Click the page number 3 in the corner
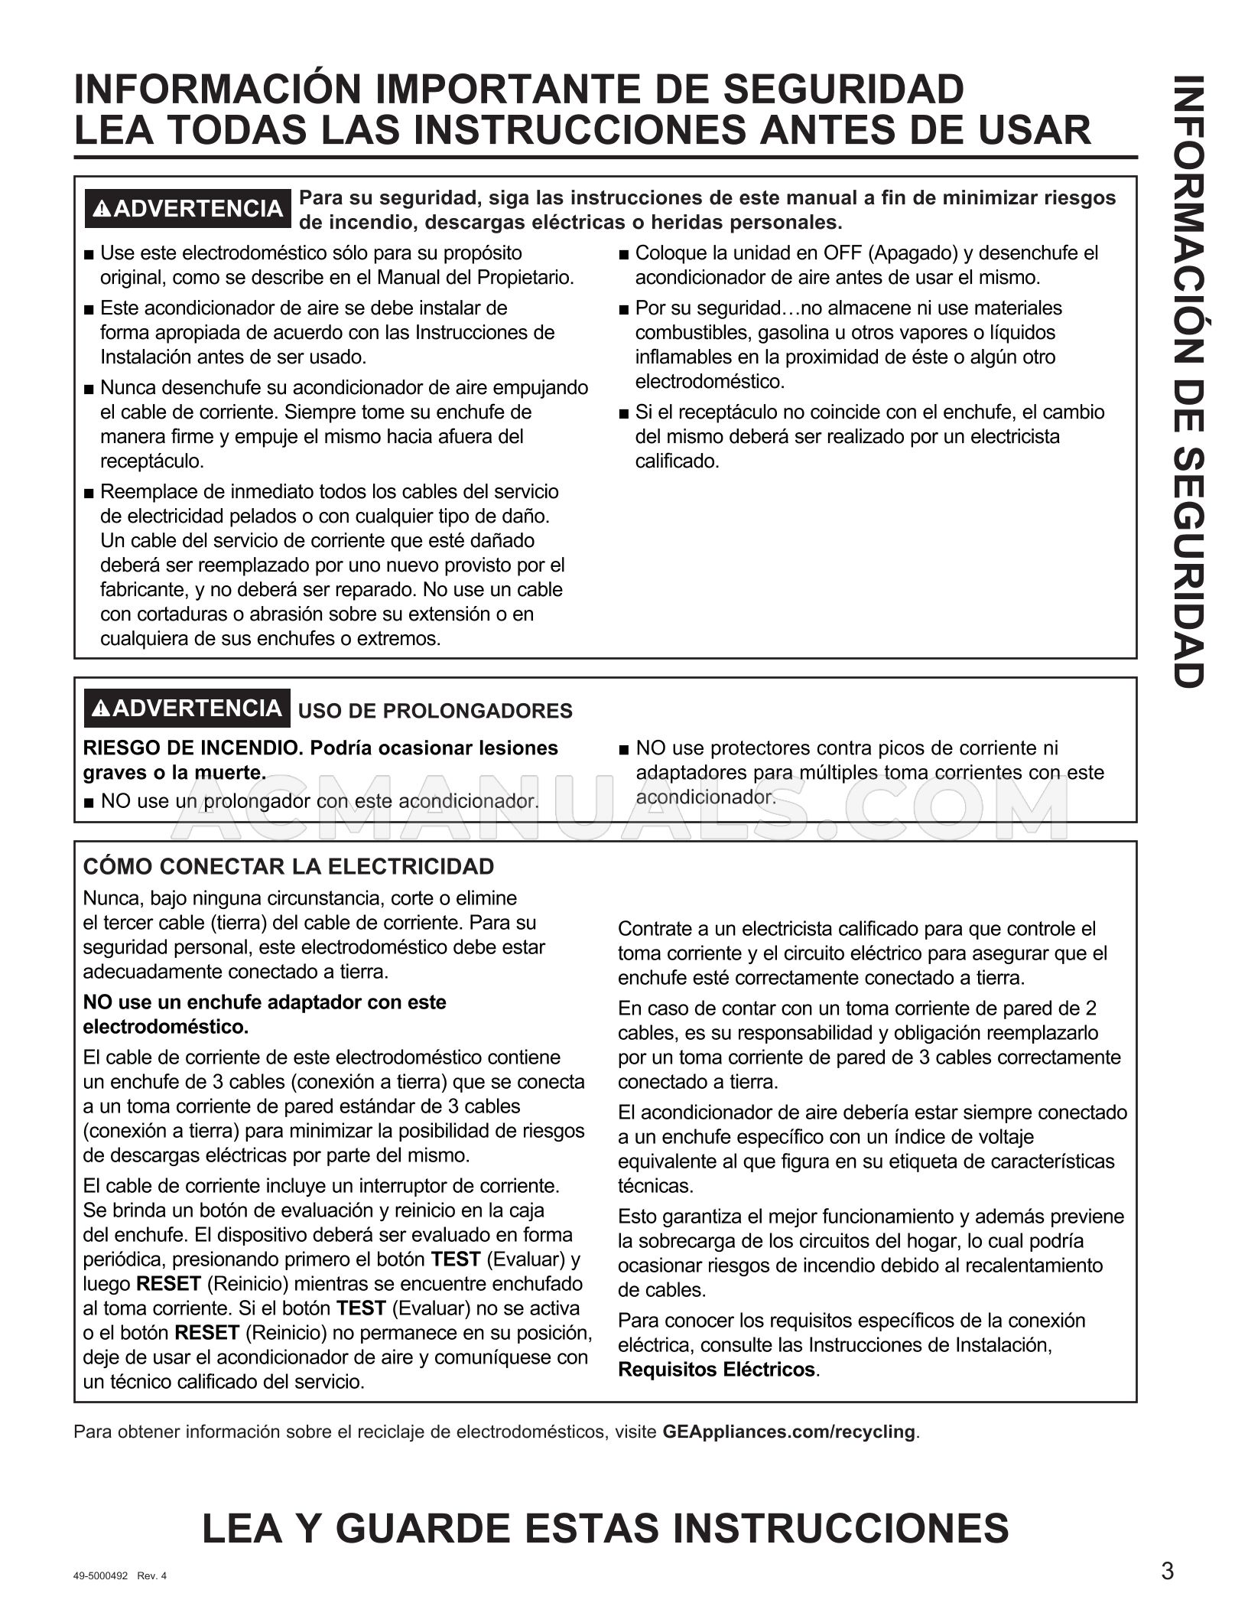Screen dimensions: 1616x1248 coord(1167,1571)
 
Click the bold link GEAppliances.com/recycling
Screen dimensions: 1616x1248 coord(788,1432)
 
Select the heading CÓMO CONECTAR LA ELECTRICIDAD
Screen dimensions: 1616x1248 coord(288,867)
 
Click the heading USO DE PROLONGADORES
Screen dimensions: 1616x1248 coord(434,711)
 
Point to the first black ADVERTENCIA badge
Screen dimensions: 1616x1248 coord(187,209)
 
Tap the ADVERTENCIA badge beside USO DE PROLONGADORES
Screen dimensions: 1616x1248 coord(187,709)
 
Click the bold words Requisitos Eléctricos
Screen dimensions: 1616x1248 coord(717,1370)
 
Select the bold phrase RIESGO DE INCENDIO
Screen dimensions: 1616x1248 coord(193,748)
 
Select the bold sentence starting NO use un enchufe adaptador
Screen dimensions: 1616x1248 coord(264,1014)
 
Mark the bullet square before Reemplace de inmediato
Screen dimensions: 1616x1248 coord(89,493)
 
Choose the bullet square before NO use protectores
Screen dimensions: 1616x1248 coord(625,749)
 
